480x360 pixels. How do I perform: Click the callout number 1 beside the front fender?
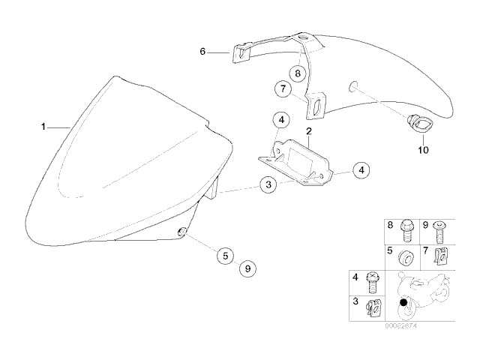pos(43,125)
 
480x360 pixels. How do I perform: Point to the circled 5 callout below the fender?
pos(223,255)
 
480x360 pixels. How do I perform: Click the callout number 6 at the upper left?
pos(202,52)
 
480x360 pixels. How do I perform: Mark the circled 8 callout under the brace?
pos(298,73)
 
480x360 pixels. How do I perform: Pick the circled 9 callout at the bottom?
pos(248,268)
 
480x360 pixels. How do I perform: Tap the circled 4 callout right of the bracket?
pos(361,170)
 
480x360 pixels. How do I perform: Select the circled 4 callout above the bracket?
pos(279,120)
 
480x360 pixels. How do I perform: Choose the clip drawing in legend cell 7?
pos(442,257)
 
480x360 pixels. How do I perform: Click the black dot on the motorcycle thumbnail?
pos(405,302)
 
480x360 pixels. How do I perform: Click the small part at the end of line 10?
pos(414,123)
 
